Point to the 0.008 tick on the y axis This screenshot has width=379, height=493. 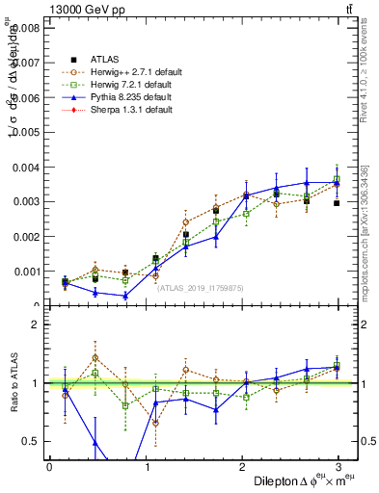[x=25, y=28]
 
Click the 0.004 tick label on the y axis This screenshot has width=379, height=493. [x=25, y=168]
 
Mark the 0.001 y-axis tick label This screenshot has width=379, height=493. [x=25, y=272]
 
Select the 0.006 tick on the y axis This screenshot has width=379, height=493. [x=25, y=97]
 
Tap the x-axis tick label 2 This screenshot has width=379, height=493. [x=242, y=467]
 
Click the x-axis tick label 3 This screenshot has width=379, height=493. [x=338, y=467]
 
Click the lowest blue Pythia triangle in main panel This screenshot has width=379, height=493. [x=126, y=296]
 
